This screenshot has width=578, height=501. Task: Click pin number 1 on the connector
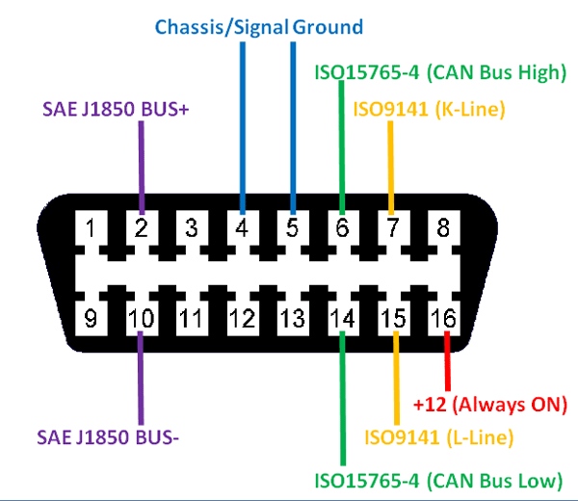click(91, 229)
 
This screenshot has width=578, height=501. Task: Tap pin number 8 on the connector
click(443, 229)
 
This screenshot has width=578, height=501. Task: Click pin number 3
click(192, 229)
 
